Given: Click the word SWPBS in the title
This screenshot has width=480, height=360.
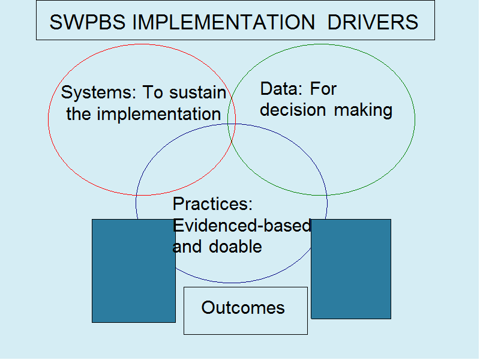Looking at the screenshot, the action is point(88,22).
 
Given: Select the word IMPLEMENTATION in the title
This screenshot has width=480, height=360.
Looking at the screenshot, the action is point(223,22).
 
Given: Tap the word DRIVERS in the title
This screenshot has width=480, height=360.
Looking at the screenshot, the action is point(373,22).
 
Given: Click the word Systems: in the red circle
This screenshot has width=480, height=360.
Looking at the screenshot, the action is point(98,93).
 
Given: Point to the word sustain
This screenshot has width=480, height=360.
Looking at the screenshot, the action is point(198,92).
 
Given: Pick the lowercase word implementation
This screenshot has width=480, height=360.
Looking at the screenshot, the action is point(159,115).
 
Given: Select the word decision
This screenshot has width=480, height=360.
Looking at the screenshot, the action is point(293,110).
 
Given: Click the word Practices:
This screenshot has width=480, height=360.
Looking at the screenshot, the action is point(212,203).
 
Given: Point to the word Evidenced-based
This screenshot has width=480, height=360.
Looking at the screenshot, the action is point(242,226).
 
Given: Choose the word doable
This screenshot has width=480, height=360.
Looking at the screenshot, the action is point(235,247).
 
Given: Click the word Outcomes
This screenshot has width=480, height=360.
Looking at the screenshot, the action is point(243,307).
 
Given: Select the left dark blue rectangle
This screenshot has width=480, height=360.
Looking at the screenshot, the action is point(134,271).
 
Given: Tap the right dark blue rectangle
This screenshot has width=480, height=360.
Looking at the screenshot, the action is point(351,269).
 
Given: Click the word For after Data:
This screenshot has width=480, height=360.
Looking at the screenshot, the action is point(323,89).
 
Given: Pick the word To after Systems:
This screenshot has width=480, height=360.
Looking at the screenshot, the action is point(152,92).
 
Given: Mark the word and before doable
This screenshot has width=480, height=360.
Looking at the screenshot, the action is point(187,247).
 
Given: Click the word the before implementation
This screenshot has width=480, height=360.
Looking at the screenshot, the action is point(79,114).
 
